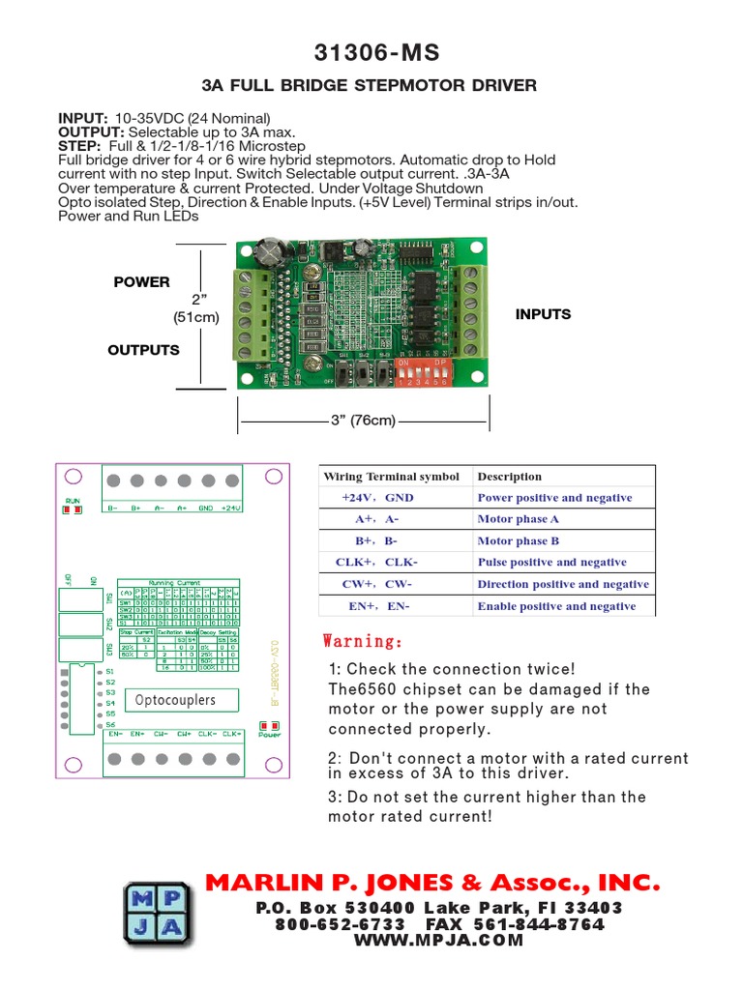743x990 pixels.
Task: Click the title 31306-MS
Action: [x=371, y=52]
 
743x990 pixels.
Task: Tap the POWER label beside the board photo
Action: [x=141, y=282]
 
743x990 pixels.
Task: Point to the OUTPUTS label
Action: [x=143, y=350]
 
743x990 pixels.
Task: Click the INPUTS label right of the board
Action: [x=543, y=314]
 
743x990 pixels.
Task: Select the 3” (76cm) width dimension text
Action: [x=364, y=421]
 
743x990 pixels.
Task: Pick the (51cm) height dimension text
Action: [x=196, y=317]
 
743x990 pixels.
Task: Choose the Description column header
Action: [x=510, y=477]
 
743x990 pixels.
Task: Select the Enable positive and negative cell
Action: [x=556, y=606]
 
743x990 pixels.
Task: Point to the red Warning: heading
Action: [x=362, y=642]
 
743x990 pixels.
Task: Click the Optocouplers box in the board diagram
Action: [x=175, y=699]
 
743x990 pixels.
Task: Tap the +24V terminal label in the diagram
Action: [x=231, y=508]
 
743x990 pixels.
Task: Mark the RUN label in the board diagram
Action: [x=73, y=501]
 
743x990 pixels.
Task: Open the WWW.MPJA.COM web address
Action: [x=438, y=940]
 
